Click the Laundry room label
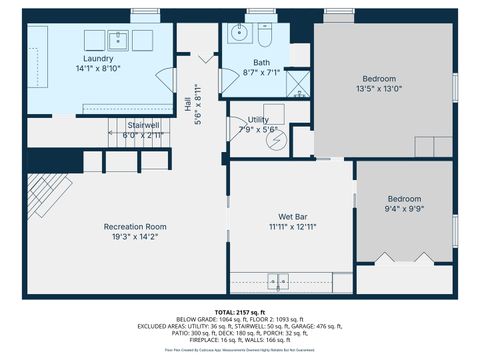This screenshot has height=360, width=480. [98, 60]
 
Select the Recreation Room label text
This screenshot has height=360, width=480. [135, 227]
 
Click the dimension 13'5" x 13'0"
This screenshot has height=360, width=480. [379, 88]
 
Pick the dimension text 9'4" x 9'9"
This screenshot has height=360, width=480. [404, 208]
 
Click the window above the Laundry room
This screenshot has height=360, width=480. [145, 12]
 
